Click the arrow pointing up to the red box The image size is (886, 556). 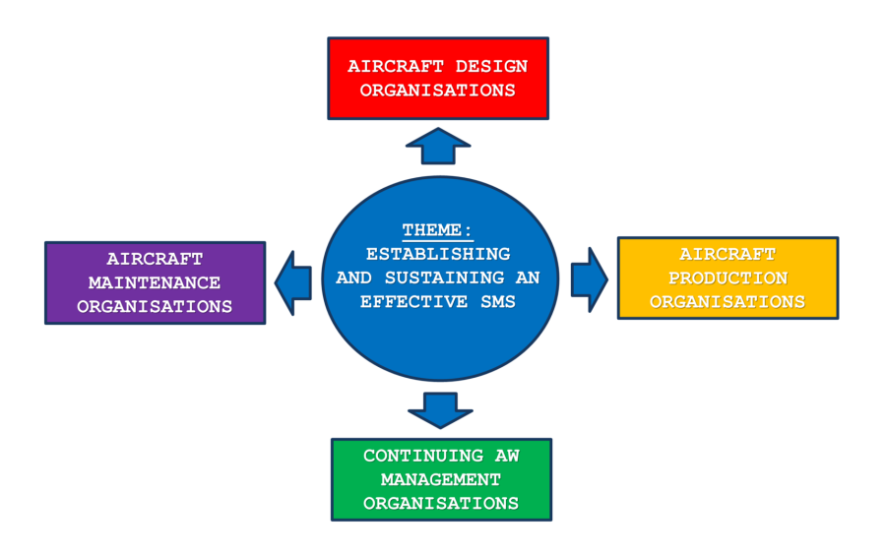(438, 145)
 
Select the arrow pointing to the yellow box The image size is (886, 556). (589, 279)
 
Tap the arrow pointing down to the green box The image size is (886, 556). (439, 409)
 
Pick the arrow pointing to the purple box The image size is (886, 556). (293, 282)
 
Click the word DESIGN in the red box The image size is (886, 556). (489, 67)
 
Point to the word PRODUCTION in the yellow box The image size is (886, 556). (728, 278)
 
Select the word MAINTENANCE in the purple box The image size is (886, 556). (155, 283)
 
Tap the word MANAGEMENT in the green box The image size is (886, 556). (441, 480)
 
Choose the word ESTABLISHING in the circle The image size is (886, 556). (438, 254)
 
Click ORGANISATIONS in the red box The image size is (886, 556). (437, 91)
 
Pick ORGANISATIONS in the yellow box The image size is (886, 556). (728, 302)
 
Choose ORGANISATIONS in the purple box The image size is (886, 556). (155, 307)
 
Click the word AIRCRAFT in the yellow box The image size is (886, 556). (728, 255)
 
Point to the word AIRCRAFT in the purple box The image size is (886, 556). (155, 260)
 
